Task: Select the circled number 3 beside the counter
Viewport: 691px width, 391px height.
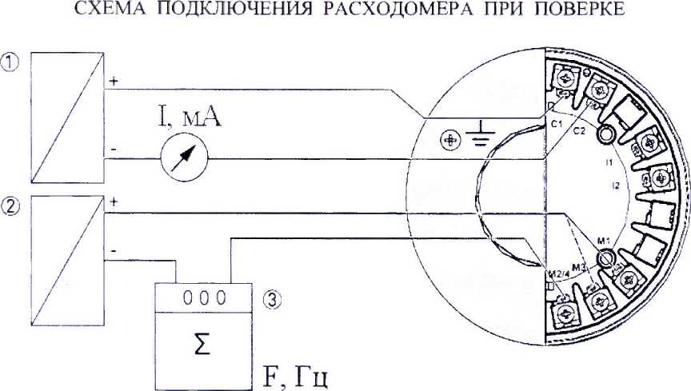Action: (271, 300)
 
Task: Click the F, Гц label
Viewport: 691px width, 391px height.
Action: (290, 375)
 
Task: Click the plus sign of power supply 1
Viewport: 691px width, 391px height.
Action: (113, 82)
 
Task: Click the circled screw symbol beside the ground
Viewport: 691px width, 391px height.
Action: (452, 141)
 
